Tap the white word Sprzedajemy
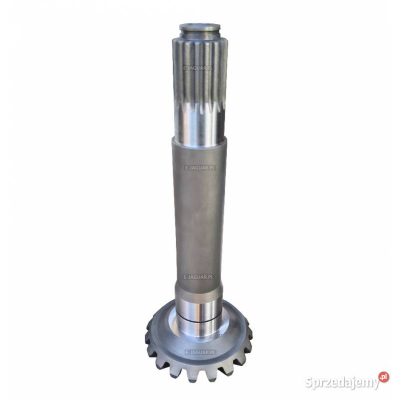(342, 382)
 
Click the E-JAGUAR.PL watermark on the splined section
(198, 68)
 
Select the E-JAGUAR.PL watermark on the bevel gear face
(200, 352)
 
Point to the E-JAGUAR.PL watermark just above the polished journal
(198, 277)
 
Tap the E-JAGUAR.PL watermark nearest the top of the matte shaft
(200, 168)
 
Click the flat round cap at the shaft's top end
(200, 27)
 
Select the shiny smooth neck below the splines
(200, 125)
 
